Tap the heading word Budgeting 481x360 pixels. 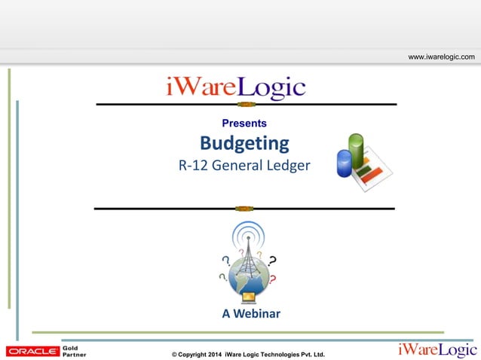[x=244, y=143]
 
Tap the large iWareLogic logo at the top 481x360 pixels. [x=236, y=87]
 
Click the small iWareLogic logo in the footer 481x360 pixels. [x=437, y=349]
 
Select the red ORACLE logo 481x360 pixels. [x=32, y=351]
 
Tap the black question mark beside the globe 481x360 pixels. [x=271, y=261]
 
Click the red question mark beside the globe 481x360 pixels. [x=272, y=279]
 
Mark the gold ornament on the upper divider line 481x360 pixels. [x=244, y=104]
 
